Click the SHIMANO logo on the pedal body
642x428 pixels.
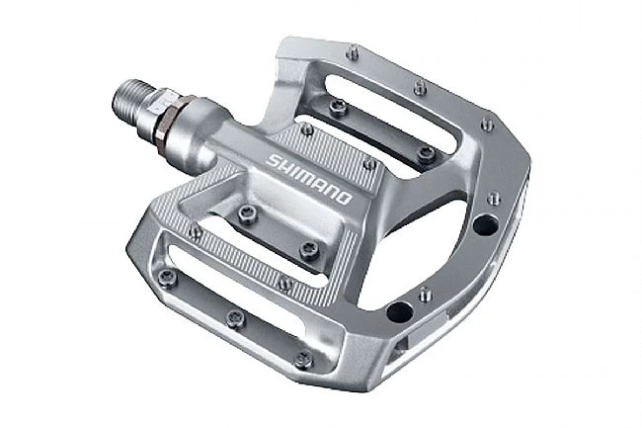[309, 179]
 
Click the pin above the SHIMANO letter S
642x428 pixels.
[307, 129]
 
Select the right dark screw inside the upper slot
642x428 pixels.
[426, 152]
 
